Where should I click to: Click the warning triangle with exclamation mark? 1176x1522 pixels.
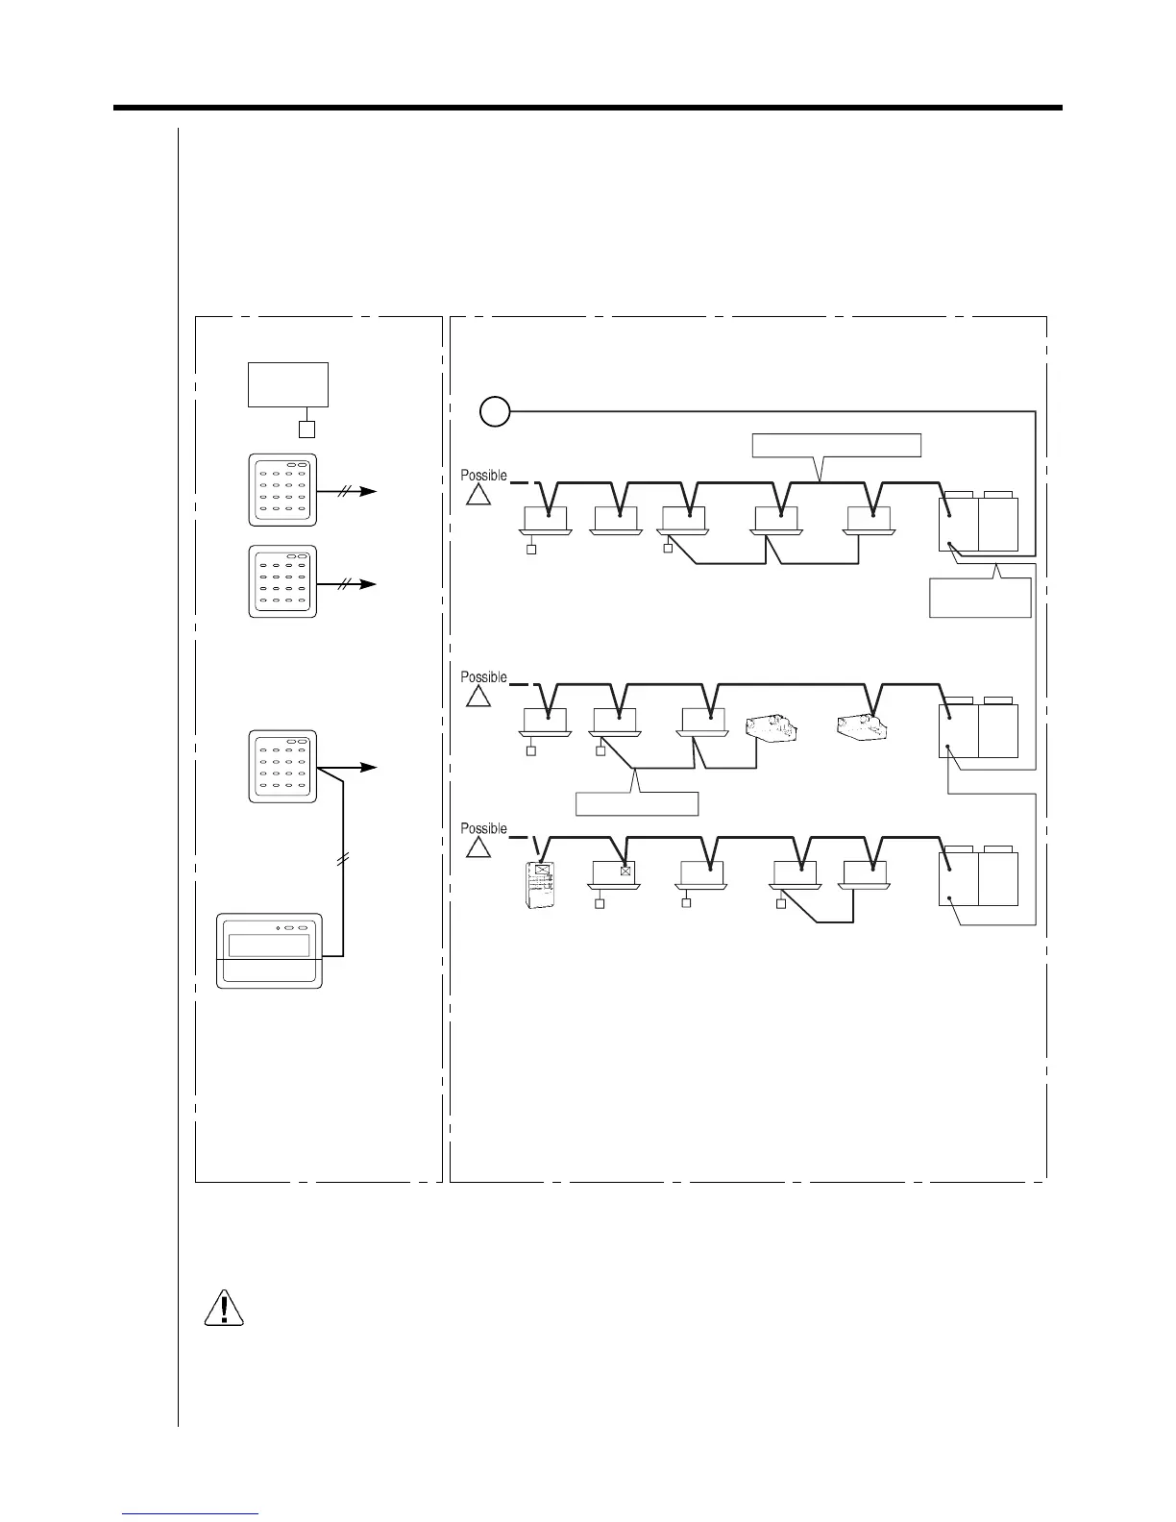[224, 1307]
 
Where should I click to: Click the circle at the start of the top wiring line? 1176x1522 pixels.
[494, 412]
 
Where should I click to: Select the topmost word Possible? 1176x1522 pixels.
[483, 477]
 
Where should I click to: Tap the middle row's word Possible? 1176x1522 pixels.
[483, 677]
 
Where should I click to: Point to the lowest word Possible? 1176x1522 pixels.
[483, 828]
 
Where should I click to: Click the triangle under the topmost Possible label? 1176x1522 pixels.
[478, 495]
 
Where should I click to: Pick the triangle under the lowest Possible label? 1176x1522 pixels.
[478, 847]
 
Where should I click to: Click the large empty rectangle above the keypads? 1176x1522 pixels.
[288, 384]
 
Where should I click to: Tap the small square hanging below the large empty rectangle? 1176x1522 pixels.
[307, 430]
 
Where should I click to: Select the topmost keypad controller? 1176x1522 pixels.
[282, 490]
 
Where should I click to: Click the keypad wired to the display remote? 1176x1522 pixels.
[282, 767]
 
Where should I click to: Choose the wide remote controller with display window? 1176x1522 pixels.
[269, 950]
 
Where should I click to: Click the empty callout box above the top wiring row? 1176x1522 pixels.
[836, 445]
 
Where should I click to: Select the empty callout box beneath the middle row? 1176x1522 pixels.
[637, 803]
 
